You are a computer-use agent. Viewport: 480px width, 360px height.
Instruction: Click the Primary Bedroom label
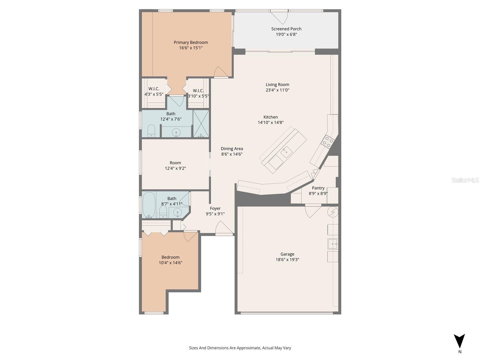(x=191, y=42)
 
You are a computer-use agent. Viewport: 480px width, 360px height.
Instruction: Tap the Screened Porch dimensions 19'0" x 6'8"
(x=286, y=34)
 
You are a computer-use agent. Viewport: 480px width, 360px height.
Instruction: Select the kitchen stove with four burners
(x=327, y=142)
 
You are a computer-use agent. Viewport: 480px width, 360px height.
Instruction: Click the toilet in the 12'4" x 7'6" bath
(x=151, y=131)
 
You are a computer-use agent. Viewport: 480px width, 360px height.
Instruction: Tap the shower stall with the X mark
(x=201, y=124)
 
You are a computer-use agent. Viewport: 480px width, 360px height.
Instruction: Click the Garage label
(x=287, y=254)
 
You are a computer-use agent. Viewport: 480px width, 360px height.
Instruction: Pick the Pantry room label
(x=318, y=188)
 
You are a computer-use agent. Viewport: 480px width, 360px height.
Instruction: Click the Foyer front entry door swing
(x=223, y=228)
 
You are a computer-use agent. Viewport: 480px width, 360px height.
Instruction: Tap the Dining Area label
(x=232, y=148)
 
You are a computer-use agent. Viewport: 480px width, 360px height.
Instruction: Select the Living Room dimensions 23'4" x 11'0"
(x=277, y=90)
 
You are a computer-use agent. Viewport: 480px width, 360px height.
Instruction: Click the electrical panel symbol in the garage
(x=332, y=212)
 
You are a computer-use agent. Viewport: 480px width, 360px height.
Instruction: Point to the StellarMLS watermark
(x=465, y=180)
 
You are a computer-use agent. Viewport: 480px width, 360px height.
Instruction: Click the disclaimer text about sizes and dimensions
(x=240, y=348)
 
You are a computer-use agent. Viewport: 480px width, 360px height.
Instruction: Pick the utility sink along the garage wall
(x=332, y=244)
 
